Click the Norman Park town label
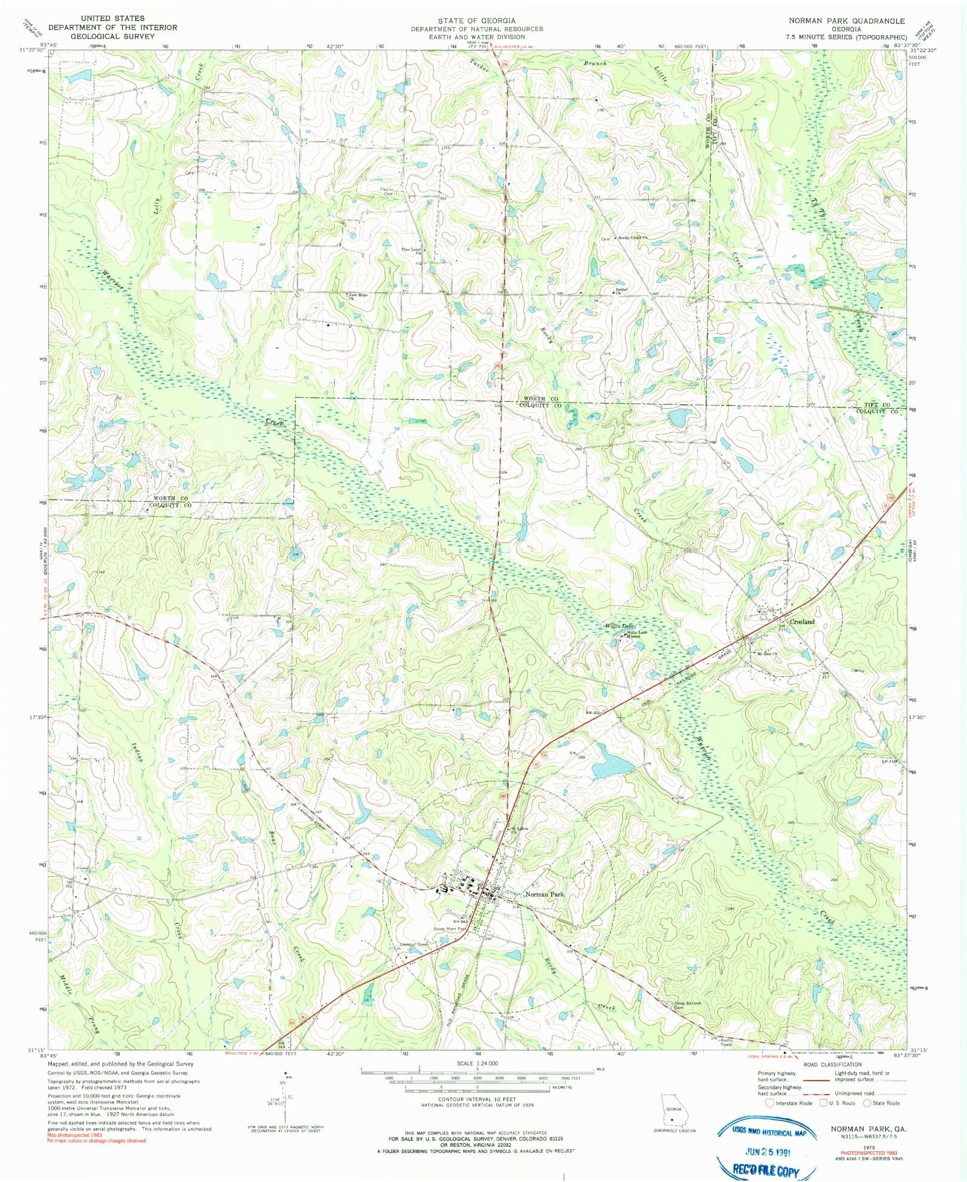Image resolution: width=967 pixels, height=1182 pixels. click(545, 894)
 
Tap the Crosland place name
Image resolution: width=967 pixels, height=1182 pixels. click(802, 622)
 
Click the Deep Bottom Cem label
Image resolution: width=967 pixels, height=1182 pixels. click(687, 1005)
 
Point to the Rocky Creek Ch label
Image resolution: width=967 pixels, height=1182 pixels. click(632, 238)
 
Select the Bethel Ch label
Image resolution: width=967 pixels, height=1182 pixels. click(621, 290)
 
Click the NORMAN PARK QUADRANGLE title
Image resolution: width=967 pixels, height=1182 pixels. click(846, 21)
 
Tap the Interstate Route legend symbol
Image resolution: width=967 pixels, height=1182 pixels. click(769, 1103)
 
